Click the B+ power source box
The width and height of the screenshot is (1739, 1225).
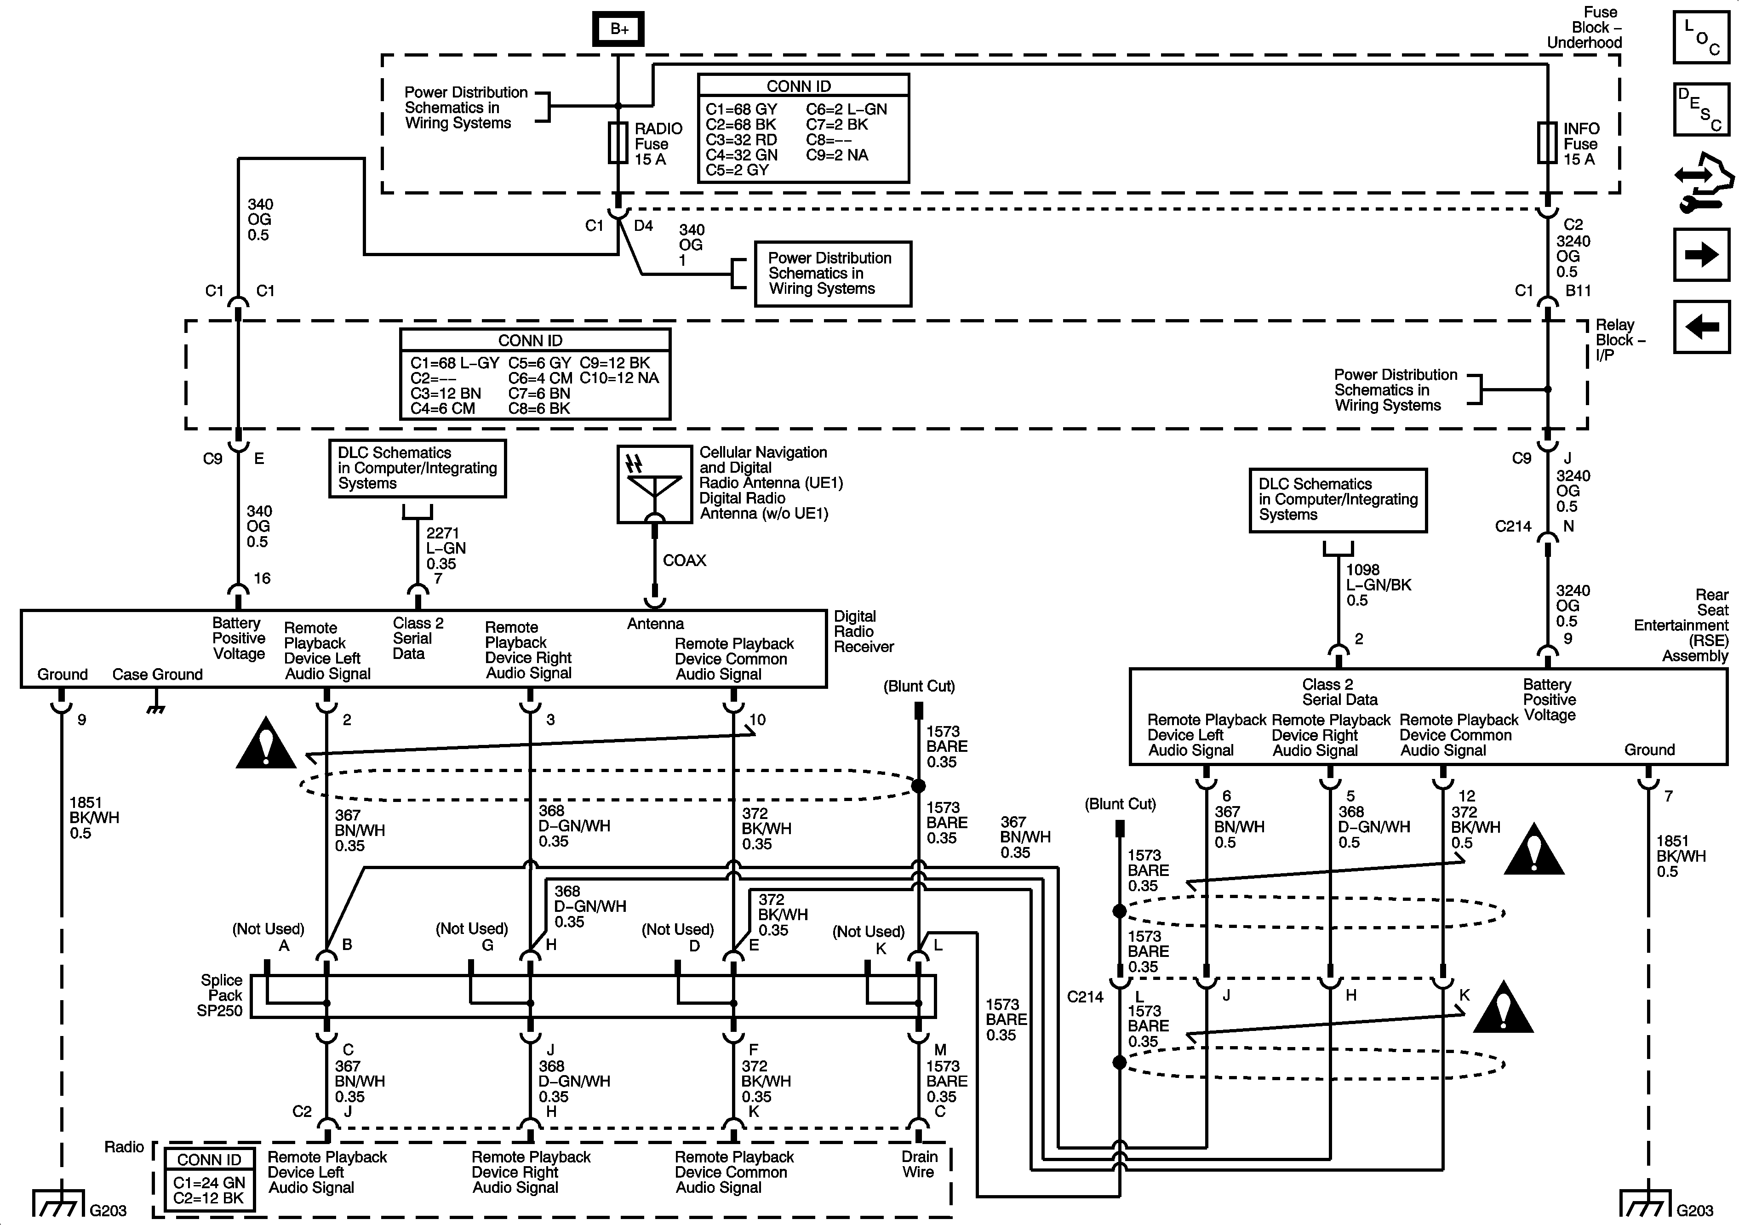tap(619, 29)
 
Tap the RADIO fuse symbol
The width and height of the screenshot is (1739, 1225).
tap(618, 143)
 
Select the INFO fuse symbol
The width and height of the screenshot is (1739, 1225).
tap(1547, 143)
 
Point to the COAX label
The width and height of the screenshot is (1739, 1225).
tap(684, 561)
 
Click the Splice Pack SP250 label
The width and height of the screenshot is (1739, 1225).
tap(220, 996)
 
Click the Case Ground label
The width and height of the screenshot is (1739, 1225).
tap(158, 674)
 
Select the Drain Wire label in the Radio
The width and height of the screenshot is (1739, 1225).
tap(919, 1164)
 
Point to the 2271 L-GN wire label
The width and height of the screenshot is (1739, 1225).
tap(446, 549)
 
